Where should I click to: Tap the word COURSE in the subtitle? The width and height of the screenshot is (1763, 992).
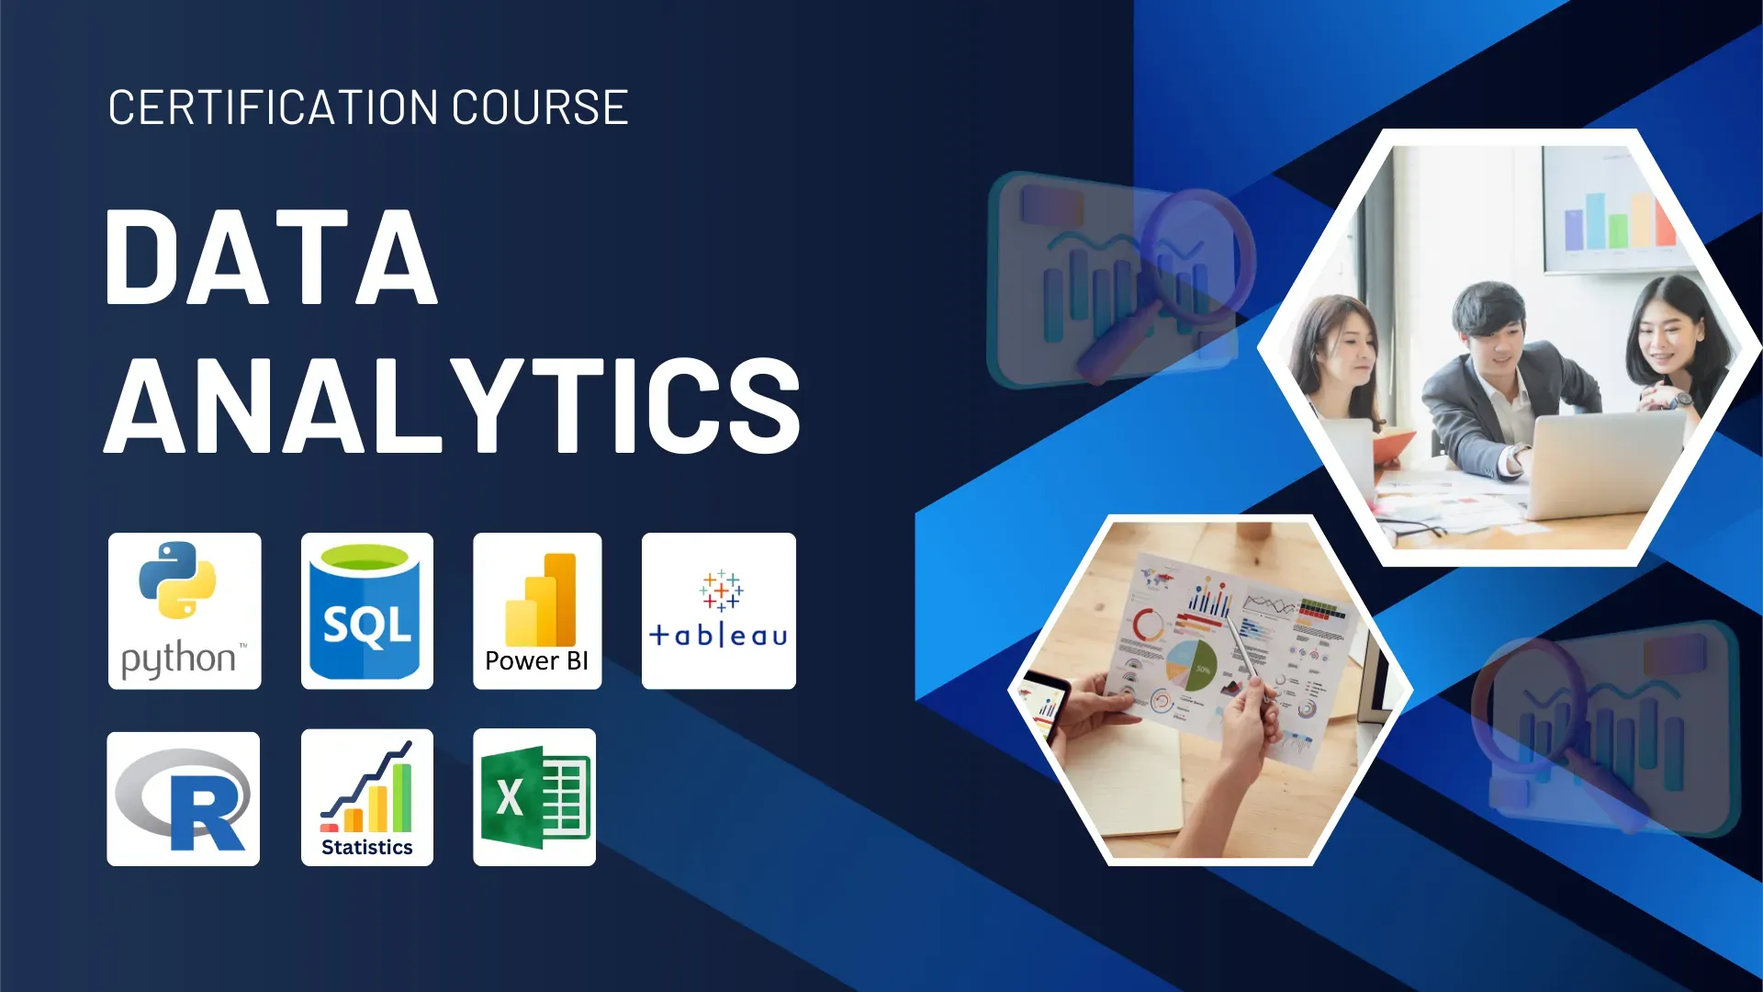point(540,107)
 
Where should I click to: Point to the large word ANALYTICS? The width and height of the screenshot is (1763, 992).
point(453,406)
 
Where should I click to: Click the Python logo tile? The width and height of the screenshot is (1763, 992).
point(185,611)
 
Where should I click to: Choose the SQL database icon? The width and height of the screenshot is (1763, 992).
point(366,611)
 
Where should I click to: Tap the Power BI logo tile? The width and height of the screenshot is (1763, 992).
point(537,611)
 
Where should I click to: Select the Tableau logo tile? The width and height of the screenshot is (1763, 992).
point(718,611)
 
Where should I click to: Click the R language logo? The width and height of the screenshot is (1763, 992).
point(184,798)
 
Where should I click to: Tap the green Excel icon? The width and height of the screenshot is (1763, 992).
point(534,797)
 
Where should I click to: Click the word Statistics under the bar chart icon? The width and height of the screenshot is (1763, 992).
point(366,847)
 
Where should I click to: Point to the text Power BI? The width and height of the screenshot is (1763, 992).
point(536,660)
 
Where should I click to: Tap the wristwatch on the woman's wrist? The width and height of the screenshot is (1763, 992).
point(1679,400)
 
